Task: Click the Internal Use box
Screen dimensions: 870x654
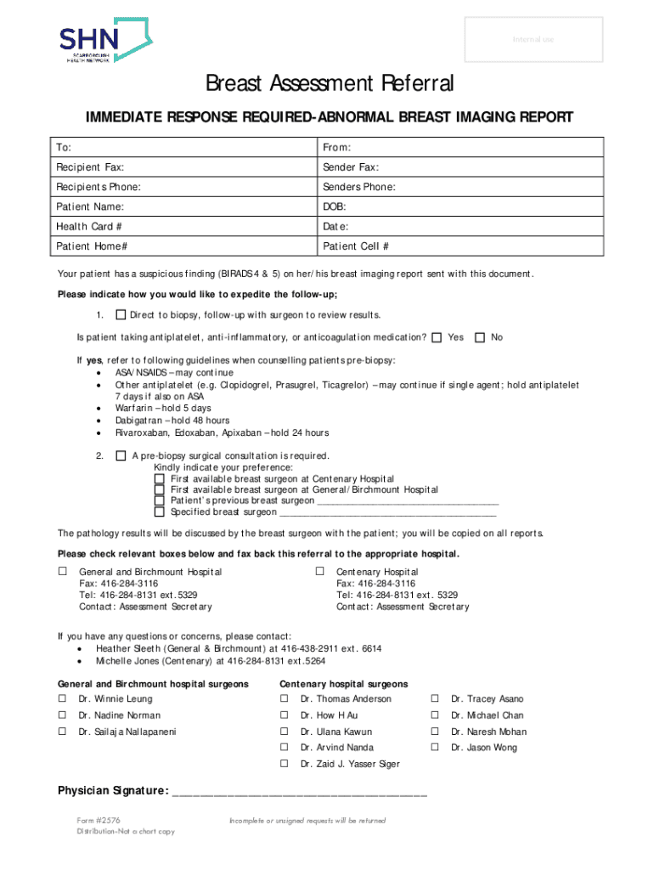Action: pos(532,40)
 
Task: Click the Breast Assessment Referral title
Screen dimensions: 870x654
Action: pos(330,84)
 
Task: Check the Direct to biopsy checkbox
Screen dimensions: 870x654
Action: pos(120,314)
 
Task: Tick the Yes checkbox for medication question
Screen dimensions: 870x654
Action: pos(437,337)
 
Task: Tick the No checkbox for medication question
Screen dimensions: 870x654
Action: pos(480,337)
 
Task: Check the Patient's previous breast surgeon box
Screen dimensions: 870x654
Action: pos(159,500)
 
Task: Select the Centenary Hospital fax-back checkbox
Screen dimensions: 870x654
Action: pos(320,571)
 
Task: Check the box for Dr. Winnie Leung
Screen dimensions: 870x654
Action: pos(62,698)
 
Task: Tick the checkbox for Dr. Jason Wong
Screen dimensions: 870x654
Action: pos(435,748)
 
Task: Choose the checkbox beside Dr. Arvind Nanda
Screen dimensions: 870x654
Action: pos(285,748)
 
